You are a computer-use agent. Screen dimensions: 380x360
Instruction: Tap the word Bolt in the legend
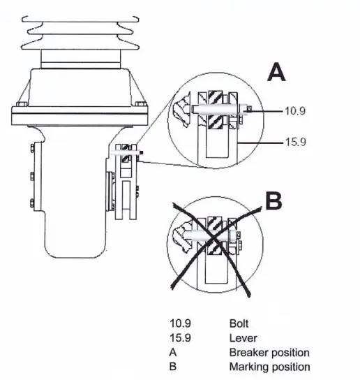(x=239, y=324)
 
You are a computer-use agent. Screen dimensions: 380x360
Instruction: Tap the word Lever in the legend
(x=241, y=338)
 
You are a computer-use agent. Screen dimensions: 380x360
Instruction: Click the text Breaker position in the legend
(x=269, y=352)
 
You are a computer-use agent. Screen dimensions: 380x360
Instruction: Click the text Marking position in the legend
(x=269, y=366)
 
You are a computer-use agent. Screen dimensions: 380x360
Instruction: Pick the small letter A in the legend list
(x=174, y=352)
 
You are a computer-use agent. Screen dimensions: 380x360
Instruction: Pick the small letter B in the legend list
(x=174, y=366)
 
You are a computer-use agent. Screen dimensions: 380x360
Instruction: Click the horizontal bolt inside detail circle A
(x=218, y=110)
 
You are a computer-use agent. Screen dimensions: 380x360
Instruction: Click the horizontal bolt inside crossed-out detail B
(x=209, y=242)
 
